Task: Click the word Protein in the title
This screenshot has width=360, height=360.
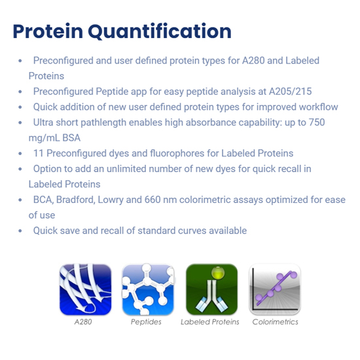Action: click(x=48, y=31)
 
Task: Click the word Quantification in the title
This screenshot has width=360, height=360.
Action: click(x=160, y=31)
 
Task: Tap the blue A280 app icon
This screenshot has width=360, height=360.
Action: click(x=85, y=289)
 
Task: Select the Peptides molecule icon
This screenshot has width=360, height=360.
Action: click(x=148, y=289)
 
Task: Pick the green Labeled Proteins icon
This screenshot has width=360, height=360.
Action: click(x=211, y=289)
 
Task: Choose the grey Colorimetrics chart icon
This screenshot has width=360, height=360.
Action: click(x=275, y=289)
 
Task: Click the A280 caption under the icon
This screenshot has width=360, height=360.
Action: click(x=83, y=322)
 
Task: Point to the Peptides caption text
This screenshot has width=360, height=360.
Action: click(x=146, y=322)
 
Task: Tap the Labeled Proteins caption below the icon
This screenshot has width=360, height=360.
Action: click(x=210, y=322)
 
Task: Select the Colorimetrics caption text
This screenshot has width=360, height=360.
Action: click(x=275, y=322)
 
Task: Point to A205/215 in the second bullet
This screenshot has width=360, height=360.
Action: click(x=290, y=92)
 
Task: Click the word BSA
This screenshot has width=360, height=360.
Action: click(x=71, y=138)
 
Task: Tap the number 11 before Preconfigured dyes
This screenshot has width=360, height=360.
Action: click(x=39, y=153)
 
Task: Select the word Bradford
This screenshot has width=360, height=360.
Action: click(x=75, y=200)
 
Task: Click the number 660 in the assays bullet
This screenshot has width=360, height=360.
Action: click(x=153, y=200)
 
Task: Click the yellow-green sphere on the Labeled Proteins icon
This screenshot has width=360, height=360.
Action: click(x=218, y=273)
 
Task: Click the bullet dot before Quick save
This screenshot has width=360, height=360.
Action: click(x=20, y=230)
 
